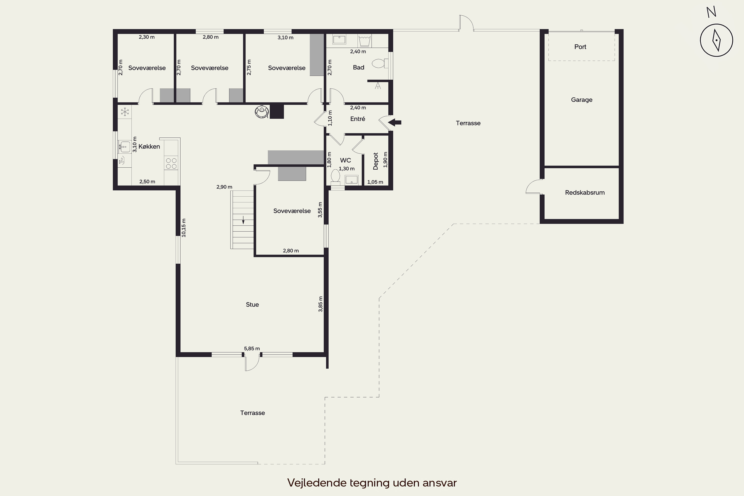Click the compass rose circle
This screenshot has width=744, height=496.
(x=700, y=40)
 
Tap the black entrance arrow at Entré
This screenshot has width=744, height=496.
(x=395, y=122)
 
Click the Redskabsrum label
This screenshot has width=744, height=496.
(x=585, y=192)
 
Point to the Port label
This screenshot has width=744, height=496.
(x=580, y=47)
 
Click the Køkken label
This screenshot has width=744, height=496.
(x=149, y=147)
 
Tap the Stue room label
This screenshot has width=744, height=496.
(x=252, y=305)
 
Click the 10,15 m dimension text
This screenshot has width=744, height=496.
(x=184, y=228)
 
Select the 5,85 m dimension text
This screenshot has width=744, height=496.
(x=252, y=349)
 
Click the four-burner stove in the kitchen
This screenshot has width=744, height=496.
(x=171, y=163)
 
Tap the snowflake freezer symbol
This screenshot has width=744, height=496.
(x=125, y=112)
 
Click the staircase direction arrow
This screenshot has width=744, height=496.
(x=243, y=219)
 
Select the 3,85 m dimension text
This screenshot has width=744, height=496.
(x=320, y=304)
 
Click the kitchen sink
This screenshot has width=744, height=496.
(x=125, y=147)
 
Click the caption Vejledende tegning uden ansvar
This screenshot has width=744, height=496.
(x=372, y=483)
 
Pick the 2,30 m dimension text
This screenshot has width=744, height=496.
(x=147, y=37)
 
